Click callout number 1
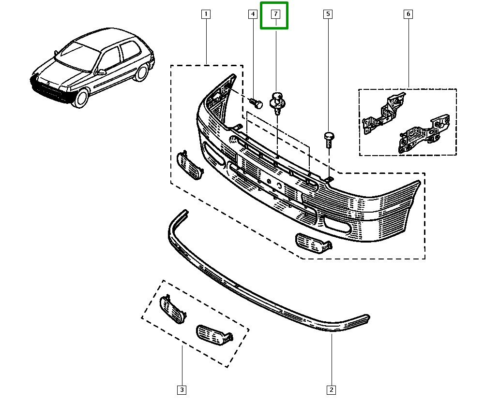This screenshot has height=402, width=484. point(206,14)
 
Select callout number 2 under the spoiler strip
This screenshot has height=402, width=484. point(332,389)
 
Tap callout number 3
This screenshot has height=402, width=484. point(181,389)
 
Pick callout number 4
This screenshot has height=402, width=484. point(252,14)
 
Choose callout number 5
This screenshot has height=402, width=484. point(328,14)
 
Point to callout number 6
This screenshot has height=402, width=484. point(408,14)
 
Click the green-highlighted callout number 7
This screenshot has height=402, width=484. point(274,14)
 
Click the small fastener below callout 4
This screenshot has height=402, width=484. point(256,103)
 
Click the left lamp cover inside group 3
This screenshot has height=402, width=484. point(172,309)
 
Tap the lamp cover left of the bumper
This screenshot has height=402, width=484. point(189,165)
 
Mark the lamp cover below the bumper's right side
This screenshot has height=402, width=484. point(312,242)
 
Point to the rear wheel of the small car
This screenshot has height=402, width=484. point(142,72)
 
